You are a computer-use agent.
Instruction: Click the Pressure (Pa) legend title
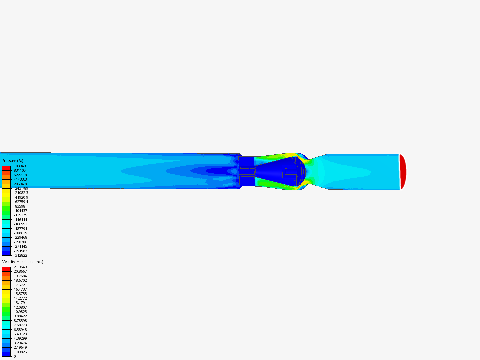pyautogui.click(x=13, y=161)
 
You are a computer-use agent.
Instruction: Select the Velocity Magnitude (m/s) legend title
pyautogui.click(x=23, y=262)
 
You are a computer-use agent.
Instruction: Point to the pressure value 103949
pyautogui.click(x=20, y=166)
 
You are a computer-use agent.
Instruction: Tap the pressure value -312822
pyautogui.click(x=21, y=255)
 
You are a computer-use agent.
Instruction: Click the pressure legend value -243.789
pyautogui.click(x=21, y=188)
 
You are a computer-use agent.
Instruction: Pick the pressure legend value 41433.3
pyautogui.click(x=20, y=179)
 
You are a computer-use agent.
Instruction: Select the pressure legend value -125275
pyautogui.click(x=21, y=215)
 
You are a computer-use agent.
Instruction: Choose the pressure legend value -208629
pyautogui.click(x=21, y=233)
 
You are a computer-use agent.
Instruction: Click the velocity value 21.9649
pyautogui.click(x=20, y=267)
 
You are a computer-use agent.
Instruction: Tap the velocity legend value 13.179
pyautogui.click(x=19, y=303)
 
